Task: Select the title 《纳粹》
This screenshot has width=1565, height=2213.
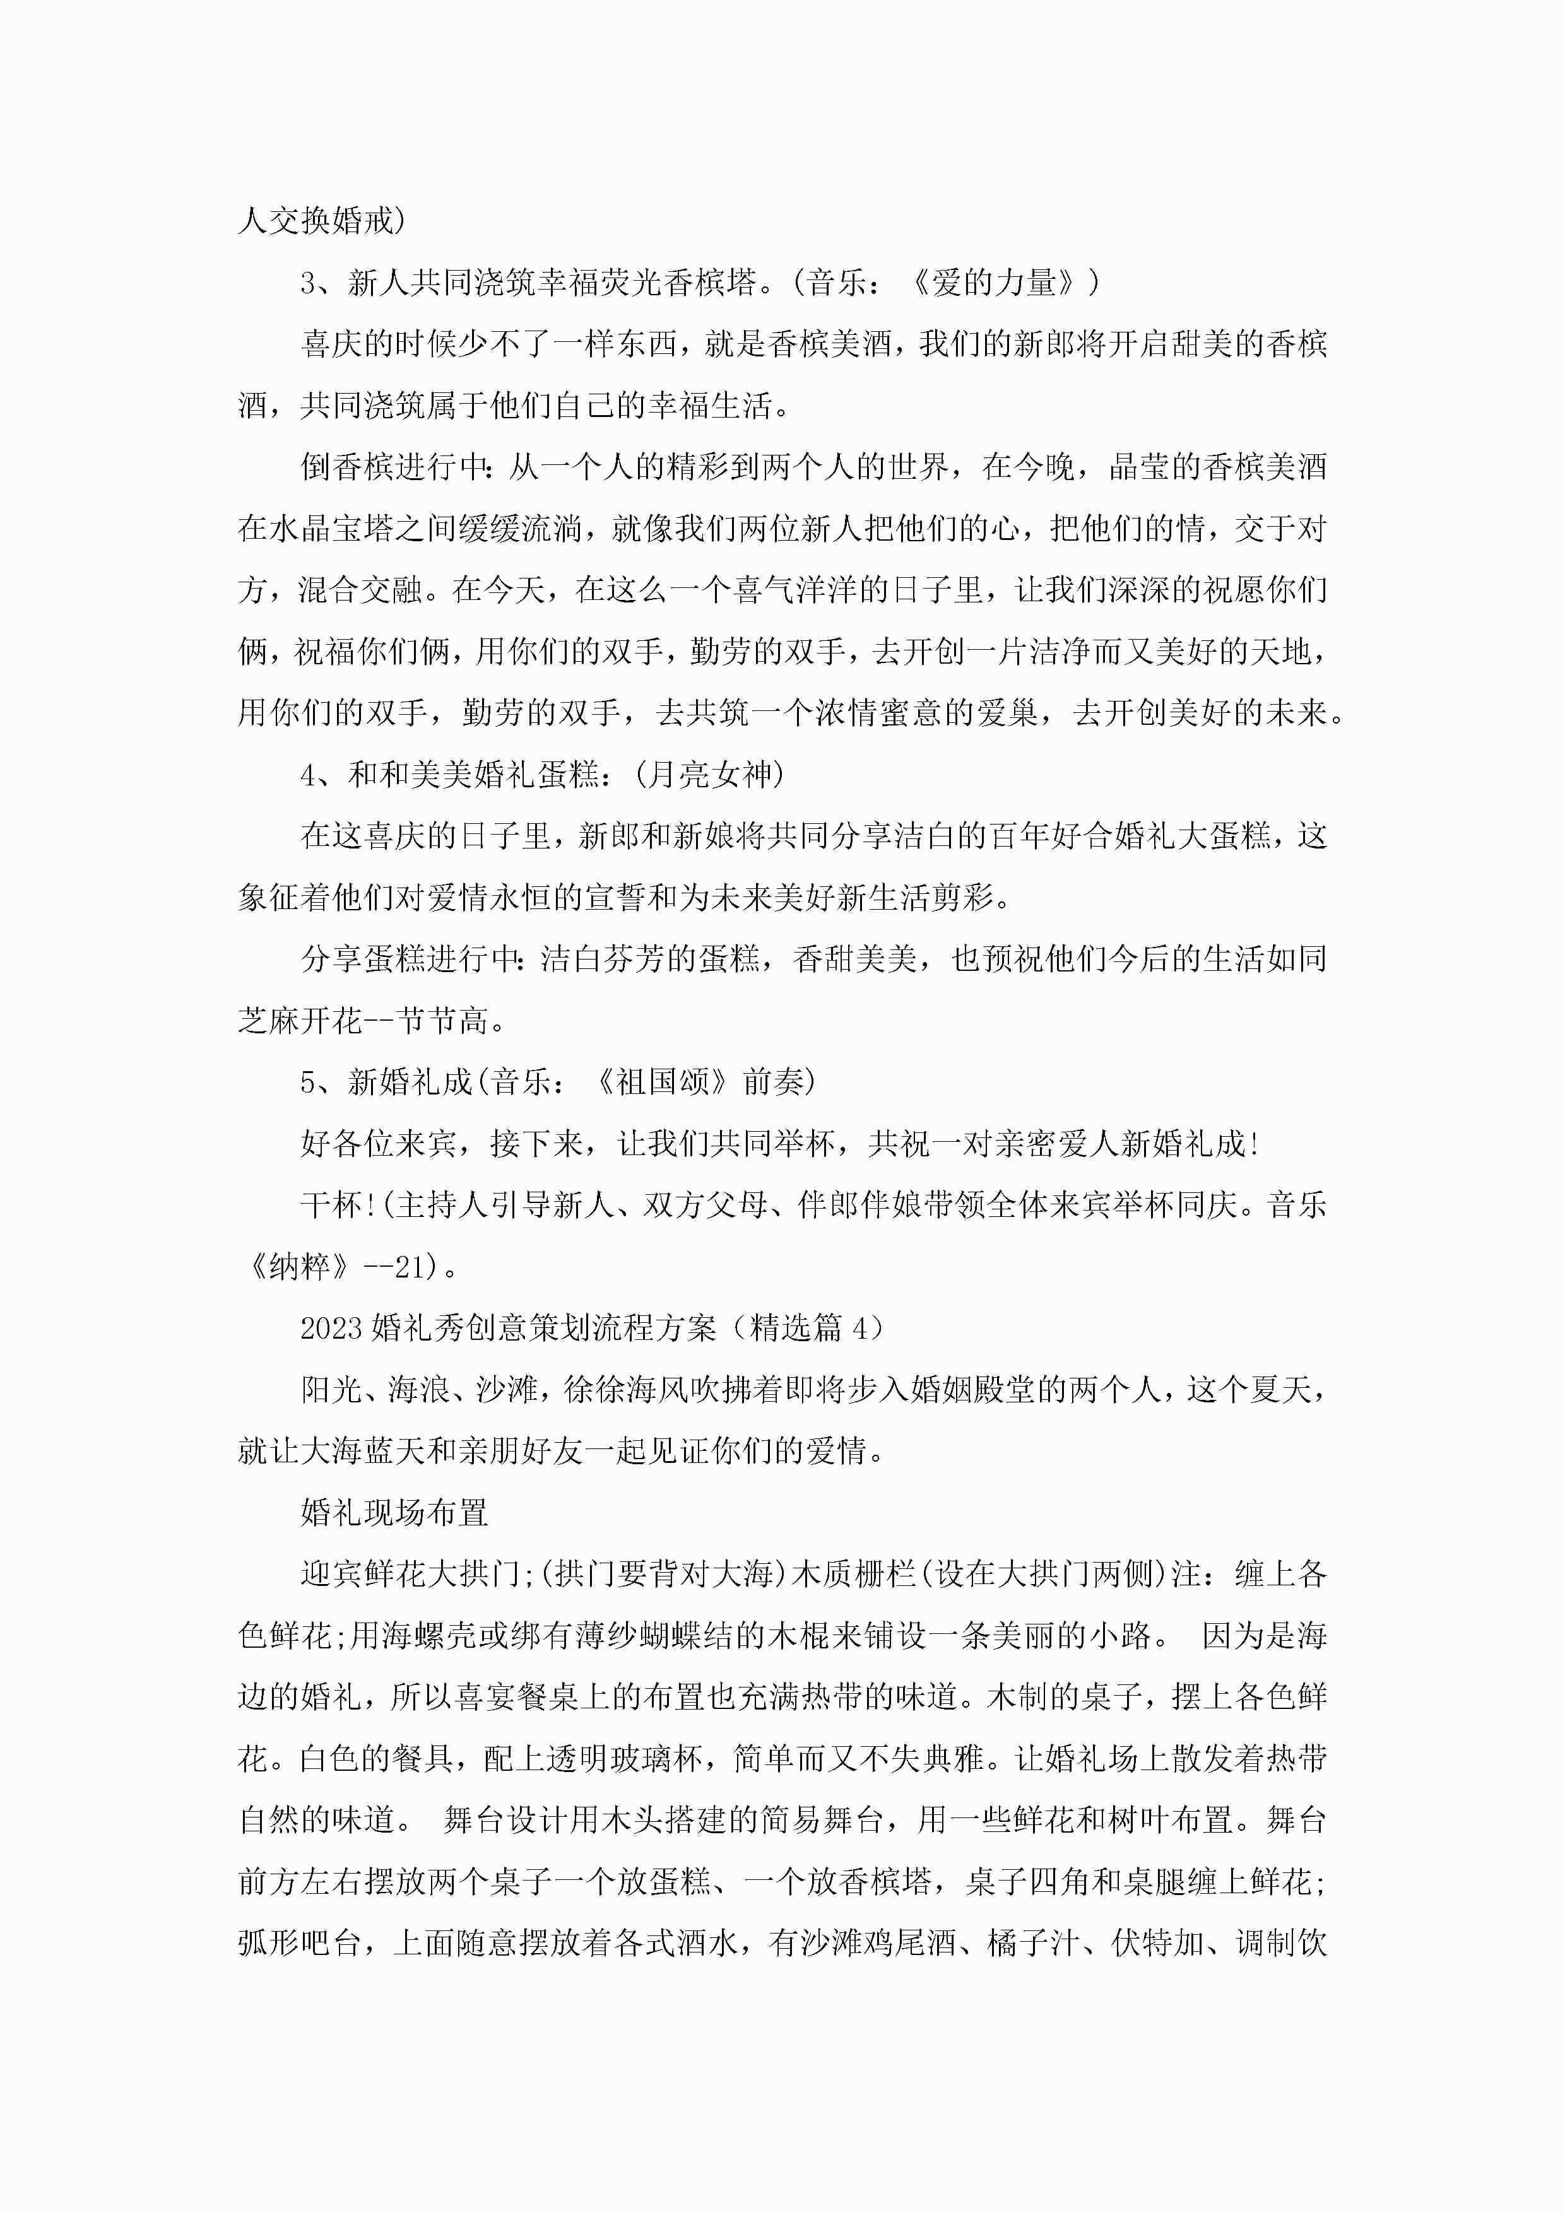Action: pos(299,1267)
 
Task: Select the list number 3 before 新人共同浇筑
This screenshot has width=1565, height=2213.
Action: pos(309,283)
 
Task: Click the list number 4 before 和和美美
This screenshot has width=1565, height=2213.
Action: pos(309,774)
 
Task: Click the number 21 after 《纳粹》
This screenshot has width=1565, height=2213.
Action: pos(410,1267)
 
